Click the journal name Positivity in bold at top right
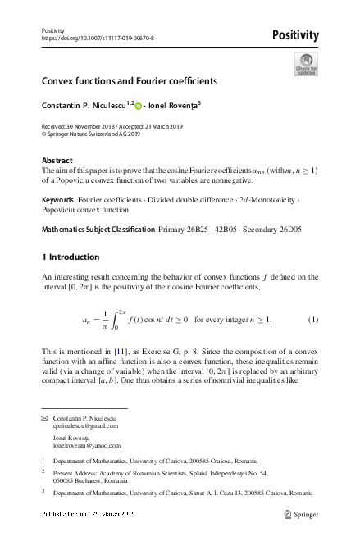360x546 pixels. pyautogui.click(x=294, y=34)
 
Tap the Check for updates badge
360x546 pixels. pyautogui.click(x=305, y=66)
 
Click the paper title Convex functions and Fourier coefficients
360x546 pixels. pyautogui.click(x=130, y=83)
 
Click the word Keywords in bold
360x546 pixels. pyautogui.click(x=60, y=200)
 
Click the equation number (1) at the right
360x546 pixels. pyautogui.click(x=312, y=319)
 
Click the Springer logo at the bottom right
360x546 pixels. pyautogui.click(x=299, y=513)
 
